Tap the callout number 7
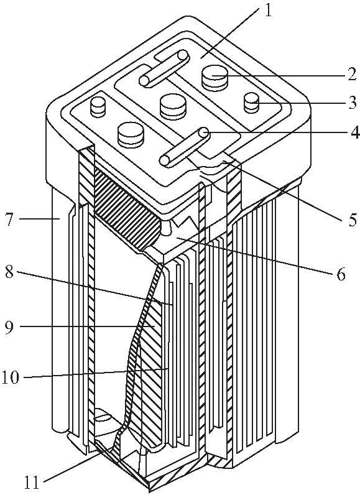click(9, 219)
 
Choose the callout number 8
click(9, 272)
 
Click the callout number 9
click(9, 327)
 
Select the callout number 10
click(11, 377)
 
